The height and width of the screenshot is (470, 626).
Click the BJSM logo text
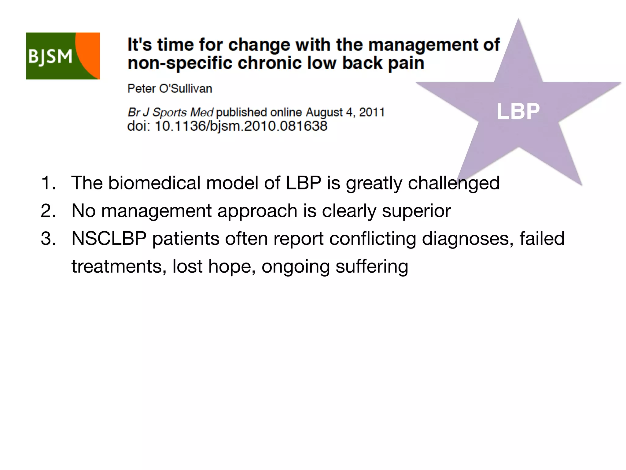click(x=50, y=57)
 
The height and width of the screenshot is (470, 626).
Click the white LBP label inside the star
click(x=518, y=111)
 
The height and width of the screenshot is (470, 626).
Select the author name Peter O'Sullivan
click(x=170, y=89)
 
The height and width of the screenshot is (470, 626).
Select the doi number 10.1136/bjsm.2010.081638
click(x=241, y=126)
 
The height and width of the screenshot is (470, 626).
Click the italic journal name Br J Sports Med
click(x=170, y=112)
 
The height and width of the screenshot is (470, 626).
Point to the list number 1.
click(x=48, y=183)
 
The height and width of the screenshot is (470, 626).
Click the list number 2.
click(x=48, y=211)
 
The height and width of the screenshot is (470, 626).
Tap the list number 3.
click(x=48, y=239)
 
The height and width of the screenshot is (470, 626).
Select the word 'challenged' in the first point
click(x=454, y=183)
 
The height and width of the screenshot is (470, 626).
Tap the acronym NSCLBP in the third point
click(x=109, y=239)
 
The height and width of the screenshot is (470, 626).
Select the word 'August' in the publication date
click(x=324, y=112)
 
